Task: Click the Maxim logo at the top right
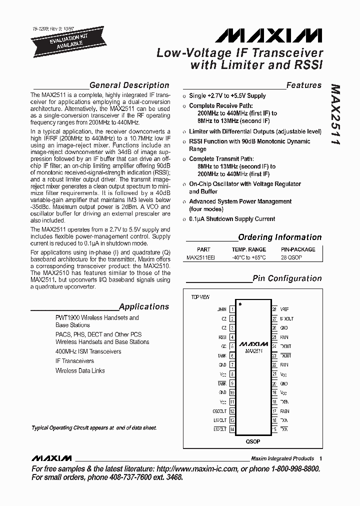269,35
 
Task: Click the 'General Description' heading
129,85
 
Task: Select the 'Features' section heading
304,85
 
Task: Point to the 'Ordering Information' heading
279,237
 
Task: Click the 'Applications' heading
144,306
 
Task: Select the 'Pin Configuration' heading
287,278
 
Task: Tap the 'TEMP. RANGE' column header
248,249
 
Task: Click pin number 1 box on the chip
232,309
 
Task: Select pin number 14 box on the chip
232,429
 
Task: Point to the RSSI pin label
222,337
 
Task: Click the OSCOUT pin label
219,411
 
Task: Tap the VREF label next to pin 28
284,309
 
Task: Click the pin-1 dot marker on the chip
240,304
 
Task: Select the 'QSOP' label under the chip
253,441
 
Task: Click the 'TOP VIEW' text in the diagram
200,297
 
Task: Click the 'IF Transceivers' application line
74,361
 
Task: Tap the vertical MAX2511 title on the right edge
335,115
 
